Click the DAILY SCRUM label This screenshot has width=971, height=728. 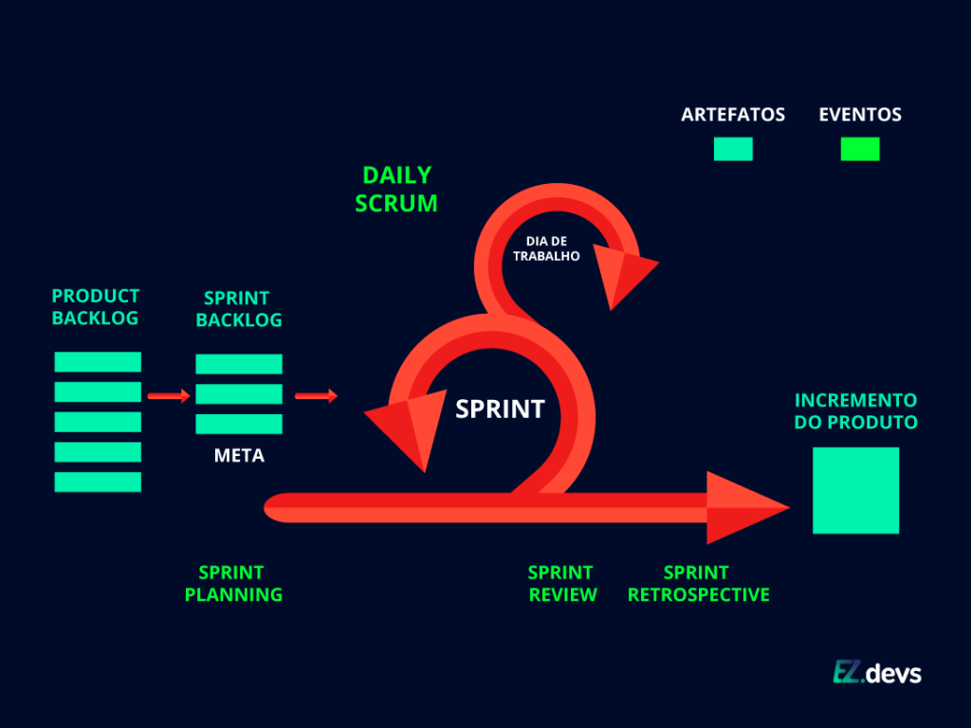(396, 189)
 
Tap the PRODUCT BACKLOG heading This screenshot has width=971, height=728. (95, 307)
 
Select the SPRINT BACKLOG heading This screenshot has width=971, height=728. (239, 309)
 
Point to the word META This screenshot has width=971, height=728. (239, 456)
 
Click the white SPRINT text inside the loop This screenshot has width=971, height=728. (500, 409)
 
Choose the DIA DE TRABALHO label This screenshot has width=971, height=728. (546, 248)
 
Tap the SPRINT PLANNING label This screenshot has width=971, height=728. (233, 584)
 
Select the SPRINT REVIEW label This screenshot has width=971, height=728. (562, 584)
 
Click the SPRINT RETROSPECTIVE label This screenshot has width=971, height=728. (698, 584)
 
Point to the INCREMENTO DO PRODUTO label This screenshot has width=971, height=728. (855, 411)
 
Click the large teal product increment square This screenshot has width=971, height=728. (855, 490)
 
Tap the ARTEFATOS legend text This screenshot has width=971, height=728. (733, 115)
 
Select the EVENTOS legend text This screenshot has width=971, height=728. (860, 115)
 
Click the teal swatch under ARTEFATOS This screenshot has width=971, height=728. (733, 149)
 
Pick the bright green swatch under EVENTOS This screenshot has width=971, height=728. (860, 149)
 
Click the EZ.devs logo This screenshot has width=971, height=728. (877, 672)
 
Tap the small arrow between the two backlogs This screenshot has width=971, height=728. (169, 396)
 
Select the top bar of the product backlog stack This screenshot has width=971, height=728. (98, 361)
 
